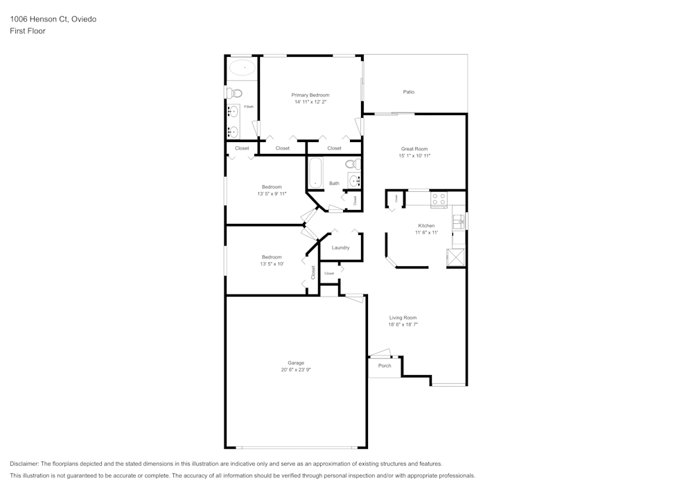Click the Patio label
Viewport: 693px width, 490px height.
coord(409,91)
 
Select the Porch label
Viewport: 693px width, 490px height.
coord(385,366)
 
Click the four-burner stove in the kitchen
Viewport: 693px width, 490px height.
coord(439,200)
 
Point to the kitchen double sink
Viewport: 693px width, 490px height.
coord(458,222)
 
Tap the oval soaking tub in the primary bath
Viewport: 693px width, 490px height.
coord(242,68)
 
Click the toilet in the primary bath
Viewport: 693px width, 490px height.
coord(234,93)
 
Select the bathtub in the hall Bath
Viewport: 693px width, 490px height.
coord(315,173)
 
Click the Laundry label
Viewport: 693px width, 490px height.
coord(340,247)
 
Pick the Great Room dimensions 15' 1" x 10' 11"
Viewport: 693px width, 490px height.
coord(414,156)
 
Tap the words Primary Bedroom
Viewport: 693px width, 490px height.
coord(310,95)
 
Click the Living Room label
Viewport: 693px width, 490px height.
coord(403,317)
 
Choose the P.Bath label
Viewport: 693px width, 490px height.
coord(248,107)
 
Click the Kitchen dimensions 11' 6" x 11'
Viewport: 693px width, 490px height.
coord(426,233)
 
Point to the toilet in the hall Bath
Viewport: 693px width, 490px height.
coord(351,164)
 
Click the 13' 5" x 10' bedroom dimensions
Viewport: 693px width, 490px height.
coord(272,264)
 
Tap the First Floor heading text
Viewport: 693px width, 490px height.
coord(28,31)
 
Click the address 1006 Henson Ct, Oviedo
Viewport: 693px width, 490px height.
coord(53,19)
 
